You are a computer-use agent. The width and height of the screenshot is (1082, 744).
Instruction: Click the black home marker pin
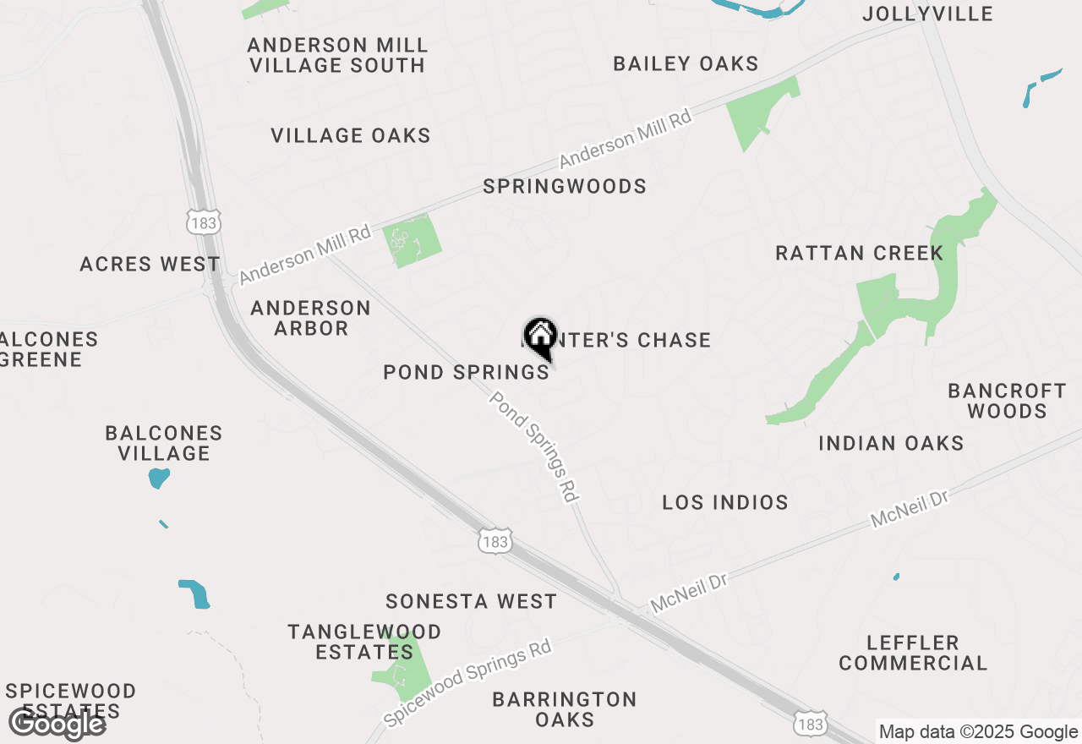[539, 338]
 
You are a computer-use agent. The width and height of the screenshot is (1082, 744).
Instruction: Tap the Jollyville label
[927, 14]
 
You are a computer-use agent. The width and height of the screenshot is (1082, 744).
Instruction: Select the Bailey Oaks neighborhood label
[686, 63]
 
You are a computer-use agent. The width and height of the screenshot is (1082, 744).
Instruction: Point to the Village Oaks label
[351, 135]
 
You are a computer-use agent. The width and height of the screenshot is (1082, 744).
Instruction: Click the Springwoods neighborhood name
[565, 186]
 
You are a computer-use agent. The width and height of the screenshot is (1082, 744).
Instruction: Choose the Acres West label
[150, 264]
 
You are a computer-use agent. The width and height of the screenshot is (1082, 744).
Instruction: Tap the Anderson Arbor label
[311, 318]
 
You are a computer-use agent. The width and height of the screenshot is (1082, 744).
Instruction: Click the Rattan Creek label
[860, 253]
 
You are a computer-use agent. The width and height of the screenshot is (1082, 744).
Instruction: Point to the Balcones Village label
[164, 443]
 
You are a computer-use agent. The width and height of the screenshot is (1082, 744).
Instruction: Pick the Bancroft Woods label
[1007, 401]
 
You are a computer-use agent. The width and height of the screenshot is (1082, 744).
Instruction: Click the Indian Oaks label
[891, 443]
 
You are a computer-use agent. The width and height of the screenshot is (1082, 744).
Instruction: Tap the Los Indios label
[725, 502]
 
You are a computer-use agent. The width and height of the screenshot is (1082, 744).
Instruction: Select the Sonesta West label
[471, 601]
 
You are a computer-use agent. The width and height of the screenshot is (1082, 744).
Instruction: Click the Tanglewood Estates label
[364, 642]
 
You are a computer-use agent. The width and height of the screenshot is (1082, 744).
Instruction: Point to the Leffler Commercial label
[913, 653]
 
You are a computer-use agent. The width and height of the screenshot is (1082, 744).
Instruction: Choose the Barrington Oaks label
[565, 709]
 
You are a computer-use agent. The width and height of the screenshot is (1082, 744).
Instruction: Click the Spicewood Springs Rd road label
[467, 683]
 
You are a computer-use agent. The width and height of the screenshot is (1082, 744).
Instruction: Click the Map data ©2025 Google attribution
[978, 732]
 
